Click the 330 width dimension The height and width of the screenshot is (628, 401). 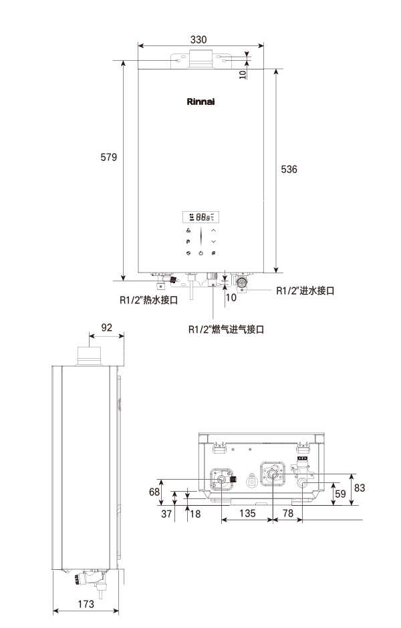pyautogui.click(x=198, y=40)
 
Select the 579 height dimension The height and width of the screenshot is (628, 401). pyautogui.click(x=108, y=158)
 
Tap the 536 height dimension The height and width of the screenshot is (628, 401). pyautogui.click(x=289, y=170)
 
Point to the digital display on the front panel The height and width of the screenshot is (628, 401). pyautogui.click(x=200, y=217)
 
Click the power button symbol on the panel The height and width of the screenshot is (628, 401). pyautogui.click(x=201, y=253)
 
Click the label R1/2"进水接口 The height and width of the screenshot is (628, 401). pyautogui.click(x=305, y=291)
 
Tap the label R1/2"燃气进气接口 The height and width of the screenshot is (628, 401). pyautogui.click(x=226, y=329)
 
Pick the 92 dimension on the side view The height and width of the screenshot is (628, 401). pyautogui.click(x=106, y=328)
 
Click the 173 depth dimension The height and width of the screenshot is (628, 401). pyautogui.click(x=85, y=604)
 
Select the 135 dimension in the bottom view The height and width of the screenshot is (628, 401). pyautogui.click(x=247, y=514)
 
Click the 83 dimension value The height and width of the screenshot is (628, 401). pyautogui.click(x=360, y=488)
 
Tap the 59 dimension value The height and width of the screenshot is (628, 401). pyautogui.click(x=341, y=495)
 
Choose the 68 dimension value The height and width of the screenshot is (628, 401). pyautogui.click(x=154, y=492)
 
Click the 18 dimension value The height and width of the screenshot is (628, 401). pyautogui.click(x=195, y=514)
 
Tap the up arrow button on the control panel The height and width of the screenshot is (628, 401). pyautogui.click(x=214, y=230)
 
